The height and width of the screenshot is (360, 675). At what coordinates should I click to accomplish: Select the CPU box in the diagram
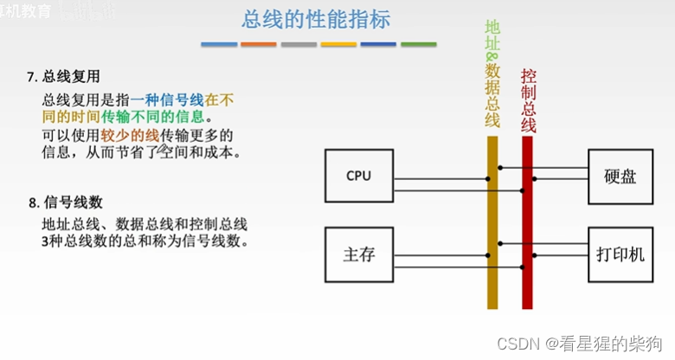pyautogui.click(x=357, y=176)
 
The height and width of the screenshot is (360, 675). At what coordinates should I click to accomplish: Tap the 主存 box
pyautogui.click(x=357, y=254)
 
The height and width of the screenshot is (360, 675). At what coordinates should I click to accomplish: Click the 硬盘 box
pyautogui.click(x=620, y=176)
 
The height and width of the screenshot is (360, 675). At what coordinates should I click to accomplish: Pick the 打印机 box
pyautogui.click(x=620, y=256)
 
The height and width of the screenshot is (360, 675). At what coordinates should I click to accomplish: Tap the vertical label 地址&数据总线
pyautogui.click(x=492, y=74)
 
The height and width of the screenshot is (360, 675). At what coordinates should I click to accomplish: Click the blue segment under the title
pyautogui.click(x=218, y=44)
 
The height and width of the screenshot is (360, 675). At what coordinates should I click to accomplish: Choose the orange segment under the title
pyautogui.click(x=259, y=44)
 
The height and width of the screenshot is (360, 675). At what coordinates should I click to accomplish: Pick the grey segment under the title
pyautogui.click(x=299, y=44)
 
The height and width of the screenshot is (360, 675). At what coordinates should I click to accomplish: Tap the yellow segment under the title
pyautogui.click(x=338, y=44)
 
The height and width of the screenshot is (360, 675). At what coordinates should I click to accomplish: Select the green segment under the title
pyautogui.click(x=418, y=44)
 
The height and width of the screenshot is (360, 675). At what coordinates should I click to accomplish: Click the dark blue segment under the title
pyautogui.click(x=378, y=44)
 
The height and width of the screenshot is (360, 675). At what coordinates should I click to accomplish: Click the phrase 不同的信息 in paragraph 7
pyautogui.click(x=169, y=116)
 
